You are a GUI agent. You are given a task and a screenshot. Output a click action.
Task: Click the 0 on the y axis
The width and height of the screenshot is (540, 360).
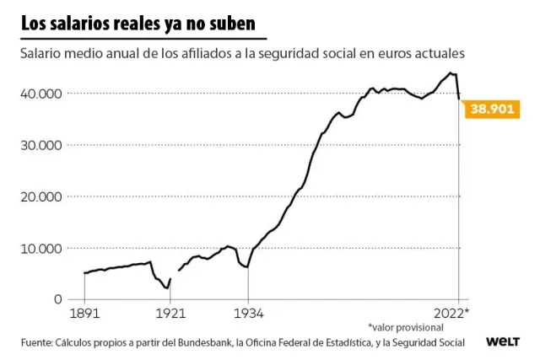[58, 299]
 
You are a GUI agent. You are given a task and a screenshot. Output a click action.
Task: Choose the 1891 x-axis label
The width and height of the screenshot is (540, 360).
[85, 314]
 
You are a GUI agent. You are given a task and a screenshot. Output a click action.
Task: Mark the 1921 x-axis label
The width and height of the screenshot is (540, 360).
[170, 314]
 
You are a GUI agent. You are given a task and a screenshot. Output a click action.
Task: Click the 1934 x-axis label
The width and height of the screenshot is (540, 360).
[247, 314]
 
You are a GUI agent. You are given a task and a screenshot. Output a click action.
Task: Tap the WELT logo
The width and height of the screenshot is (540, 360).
[502, 342]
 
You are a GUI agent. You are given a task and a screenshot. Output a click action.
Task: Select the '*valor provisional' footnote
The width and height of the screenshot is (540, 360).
[405, 327]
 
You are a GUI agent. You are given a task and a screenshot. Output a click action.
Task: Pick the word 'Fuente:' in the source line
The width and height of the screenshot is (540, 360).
[36, 342]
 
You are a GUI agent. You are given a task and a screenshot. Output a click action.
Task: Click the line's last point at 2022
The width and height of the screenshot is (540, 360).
[459, 99]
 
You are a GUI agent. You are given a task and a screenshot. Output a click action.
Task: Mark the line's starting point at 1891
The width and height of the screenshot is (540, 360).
[85, 273]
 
